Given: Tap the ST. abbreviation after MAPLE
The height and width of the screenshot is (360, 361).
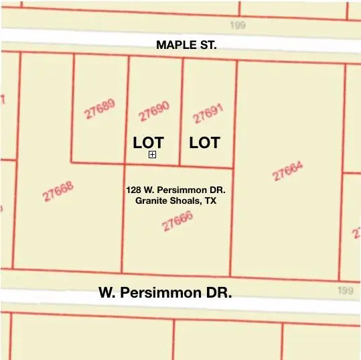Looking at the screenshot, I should tap(208, 45).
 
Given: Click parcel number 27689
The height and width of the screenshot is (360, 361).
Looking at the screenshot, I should tap(100, 109).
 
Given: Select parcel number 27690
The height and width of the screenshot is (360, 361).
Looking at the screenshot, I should tap(154, 111).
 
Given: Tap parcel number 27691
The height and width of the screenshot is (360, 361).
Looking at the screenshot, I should tap(208, 113).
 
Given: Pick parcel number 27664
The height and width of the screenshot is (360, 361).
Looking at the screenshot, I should tap(288, 171).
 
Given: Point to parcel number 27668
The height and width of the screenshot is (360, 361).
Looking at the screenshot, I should tap(58, 192).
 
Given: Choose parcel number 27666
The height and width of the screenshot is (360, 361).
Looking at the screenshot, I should tap(177, 221).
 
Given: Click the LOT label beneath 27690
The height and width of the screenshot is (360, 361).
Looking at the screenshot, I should tap(148, 143).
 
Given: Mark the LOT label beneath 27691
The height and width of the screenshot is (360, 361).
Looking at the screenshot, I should tap(204, 143).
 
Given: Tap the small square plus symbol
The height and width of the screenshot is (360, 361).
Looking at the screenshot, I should tap(153, 155).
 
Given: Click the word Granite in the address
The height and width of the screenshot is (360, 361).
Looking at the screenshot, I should tap(152, 200).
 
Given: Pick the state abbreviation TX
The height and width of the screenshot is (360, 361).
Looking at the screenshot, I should tap(210, 200).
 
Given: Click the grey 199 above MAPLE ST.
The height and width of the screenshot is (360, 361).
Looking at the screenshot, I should tap(238, 25).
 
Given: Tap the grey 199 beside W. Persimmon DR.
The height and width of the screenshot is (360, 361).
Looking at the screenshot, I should tap(345, 290).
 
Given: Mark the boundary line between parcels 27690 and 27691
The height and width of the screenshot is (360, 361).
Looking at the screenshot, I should tap(182, 111).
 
